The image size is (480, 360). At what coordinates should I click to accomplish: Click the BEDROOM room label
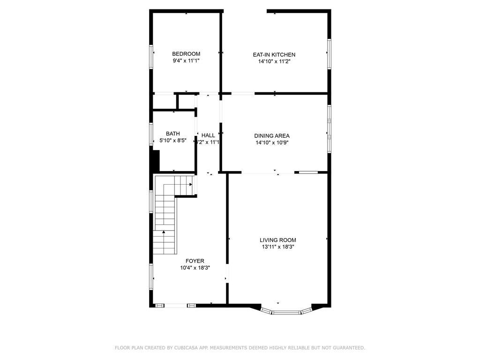(x=186, y=54)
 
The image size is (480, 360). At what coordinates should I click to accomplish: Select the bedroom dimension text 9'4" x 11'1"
(x=186, y=61)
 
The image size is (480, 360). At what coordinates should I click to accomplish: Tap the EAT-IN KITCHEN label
(x=274, y=55)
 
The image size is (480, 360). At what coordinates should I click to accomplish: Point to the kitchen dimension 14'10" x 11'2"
(x=274, y=61)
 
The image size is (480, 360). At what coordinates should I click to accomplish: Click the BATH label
(x=172, y=134)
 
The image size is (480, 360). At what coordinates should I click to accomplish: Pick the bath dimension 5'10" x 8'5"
(x=173, y=141)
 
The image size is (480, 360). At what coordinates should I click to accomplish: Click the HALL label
(x=208, y=135)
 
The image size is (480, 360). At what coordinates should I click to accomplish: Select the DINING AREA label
(x=272, y=136)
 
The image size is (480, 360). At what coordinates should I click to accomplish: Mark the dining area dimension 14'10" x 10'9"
(x=272, y=142)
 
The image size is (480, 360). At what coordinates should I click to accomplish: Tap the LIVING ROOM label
(x=278, y=240)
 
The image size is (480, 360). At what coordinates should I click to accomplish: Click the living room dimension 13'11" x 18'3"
(x=278, y=247)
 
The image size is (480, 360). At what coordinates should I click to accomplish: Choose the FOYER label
(x=195, y=261)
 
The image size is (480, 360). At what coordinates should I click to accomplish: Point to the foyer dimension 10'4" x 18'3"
(x=195, y=268)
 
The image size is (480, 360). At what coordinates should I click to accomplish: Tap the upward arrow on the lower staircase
(x=164, y=232)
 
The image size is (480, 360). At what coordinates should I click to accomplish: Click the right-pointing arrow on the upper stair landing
(x=191, y=185)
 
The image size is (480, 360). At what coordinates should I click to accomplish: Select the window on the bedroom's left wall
(x=151, y=56)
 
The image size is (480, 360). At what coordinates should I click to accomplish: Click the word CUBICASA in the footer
(x=191, y=348)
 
